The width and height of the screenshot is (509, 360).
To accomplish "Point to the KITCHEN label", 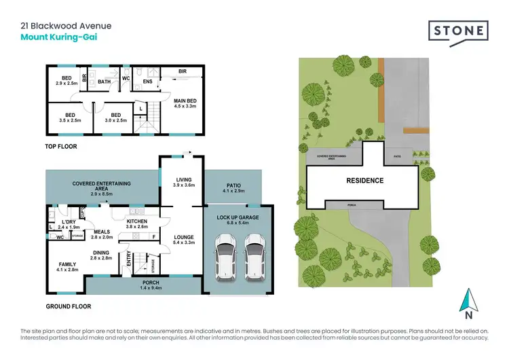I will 136,221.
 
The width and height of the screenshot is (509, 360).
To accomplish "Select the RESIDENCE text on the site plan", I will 365,181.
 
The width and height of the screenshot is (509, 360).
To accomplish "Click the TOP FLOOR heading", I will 62,146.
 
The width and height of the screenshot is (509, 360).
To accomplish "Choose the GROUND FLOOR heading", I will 69,306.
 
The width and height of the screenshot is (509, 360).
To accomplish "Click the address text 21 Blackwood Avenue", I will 66,26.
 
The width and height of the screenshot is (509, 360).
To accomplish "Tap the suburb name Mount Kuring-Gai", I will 58,37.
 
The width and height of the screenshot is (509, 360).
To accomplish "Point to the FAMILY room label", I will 67,265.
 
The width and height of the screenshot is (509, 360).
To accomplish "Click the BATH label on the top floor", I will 104,82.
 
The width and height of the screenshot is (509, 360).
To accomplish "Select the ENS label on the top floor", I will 146,82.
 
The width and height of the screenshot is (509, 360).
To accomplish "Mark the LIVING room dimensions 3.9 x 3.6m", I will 183,185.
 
